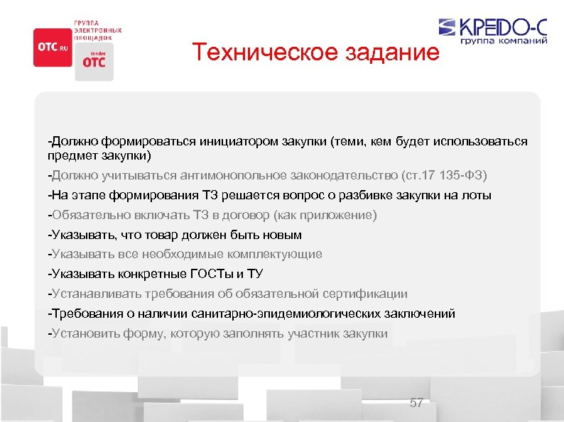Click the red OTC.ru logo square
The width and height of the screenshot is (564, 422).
click(53, 47)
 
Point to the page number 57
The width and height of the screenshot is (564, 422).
click(416, 403)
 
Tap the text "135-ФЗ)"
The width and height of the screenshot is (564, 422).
click(465, 174)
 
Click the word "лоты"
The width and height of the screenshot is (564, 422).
click(475, 194)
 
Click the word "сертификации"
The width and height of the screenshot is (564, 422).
click(364, 294)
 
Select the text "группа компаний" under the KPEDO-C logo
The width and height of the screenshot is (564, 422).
click(503, 41)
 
